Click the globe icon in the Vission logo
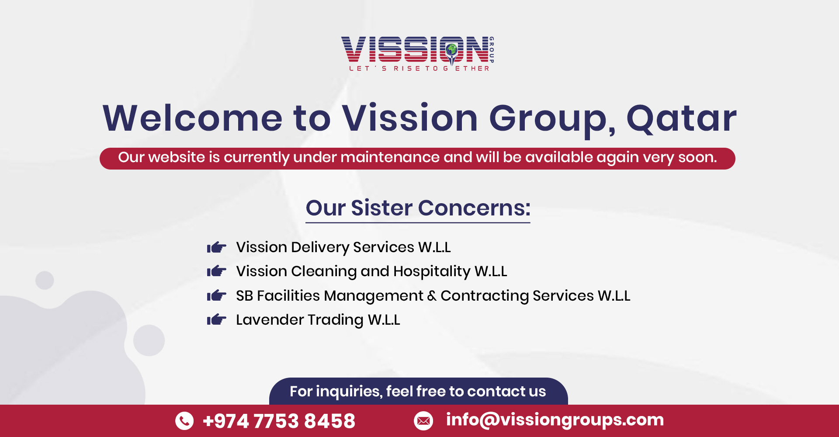pyautogui.click(x=452, y=49)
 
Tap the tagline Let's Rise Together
pyautogui.click(x=419, y=69)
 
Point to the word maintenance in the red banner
pyautogui.click(x=390, y=157)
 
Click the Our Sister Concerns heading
pyautogui.click(x=418, y=208)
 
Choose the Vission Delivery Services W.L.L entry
pyautogui.click(x=343, y=247)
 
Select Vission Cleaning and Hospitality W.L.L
pyautogui.click(x=371, y=271)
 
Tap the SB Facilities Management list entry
pyautogui.click(x=433, y=296)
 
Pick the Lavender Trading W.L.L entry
pyautogui.click(x=318, y=320)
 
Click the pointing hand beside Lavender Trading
pyautogui.click(x=217, y=320)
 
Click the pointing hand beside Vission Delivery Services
pyautogui.click(x=217, y=247)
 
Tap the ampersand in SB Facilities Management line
pyautogui.click(x=432, y=296)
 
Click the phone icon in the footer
pyautogui.click(x=184, y=420)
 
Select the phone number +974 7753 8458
pyautogui.click(x=279, y=421)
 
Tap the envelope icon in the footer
pyautogui.click(x=423, y=420)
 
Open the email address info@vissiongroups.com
pyautogui.click(x=555, y=420)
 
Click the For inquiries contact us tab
pyautogui.click(x=418, y=392)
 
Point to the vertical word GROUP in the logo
pyautogui.click(x=492, y=50)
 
